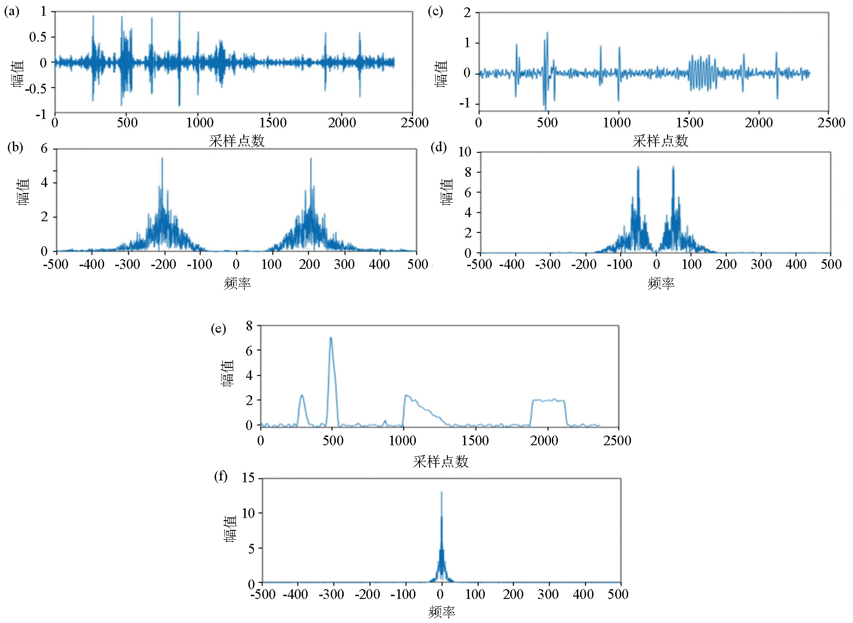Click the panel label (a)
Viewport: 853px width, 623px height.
(12, 11)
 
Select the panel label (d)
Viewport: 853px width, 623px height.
(439, 147)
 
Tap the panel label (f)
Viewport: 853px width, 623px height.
(221, 476)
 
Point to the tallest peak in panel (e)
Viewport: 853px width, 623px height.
(331, 339)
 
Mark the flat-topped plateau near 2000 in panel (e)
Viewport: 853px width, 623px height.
(548, 400)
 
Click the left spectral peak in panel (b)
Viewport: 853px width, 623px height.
(162, 160)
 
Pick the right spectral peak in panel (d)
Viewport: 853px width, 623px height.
(673, 168)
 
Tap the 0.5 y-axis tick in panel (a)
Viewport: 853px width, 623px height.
(38, 37)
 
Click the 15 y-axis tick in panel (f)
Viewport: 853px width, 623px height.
(248, 478)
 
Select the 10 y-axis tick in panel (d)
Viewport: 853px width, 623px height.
(465, 152)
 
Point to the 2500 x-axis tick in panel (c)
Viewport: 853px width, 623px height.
(831, 123)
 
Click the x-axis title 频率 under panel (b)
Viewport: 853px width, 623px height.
(237, 283)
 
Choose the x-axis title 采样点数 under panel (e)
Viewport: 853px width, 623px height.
(440, 461)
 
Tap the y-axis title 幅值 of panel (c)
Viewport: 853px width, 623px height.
(441, 73)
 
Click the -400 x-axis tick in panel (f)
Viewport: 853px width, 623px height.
(296, 594)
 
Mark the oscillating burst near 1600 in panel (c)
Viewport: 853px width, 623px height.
(703, 73)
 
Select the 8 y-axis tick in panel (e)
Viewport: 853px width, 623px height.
(249, 326)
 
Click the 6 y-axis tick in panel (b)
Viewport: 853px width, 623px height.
(44, 149)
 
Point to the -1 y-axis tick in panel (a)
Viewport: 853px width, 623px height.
(41, 114)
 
